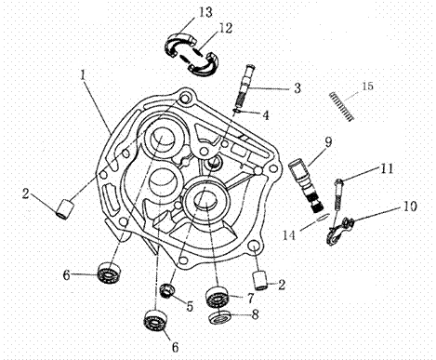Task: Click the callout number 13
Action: [205, 12]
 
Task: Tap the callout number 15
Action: [367, 86]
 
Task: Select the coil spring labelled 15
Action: [341, 106]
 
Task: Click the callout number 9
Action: [328, 142]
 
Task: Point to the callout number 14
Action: [289, 235]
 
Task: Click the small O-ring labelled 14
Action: [322, 218]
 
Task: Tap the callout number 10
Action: [410, 207]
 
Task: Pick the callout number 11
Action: [387, 168]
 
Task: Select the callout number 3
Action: [297, 88]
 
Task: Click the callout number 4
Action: [266, 115]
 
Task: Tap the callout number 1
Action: [83, 74]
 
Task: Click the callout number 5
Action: [190, 306]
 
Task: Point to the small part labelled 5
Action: [167, 291]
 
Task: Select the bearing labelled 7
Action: [217, 297]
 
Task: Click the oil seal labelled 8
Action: [219, 317]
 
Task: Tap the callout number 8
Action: [255, 315]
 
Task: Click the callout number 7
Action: [250, 299]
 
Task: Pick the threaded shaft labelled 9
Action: [306, 185]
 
